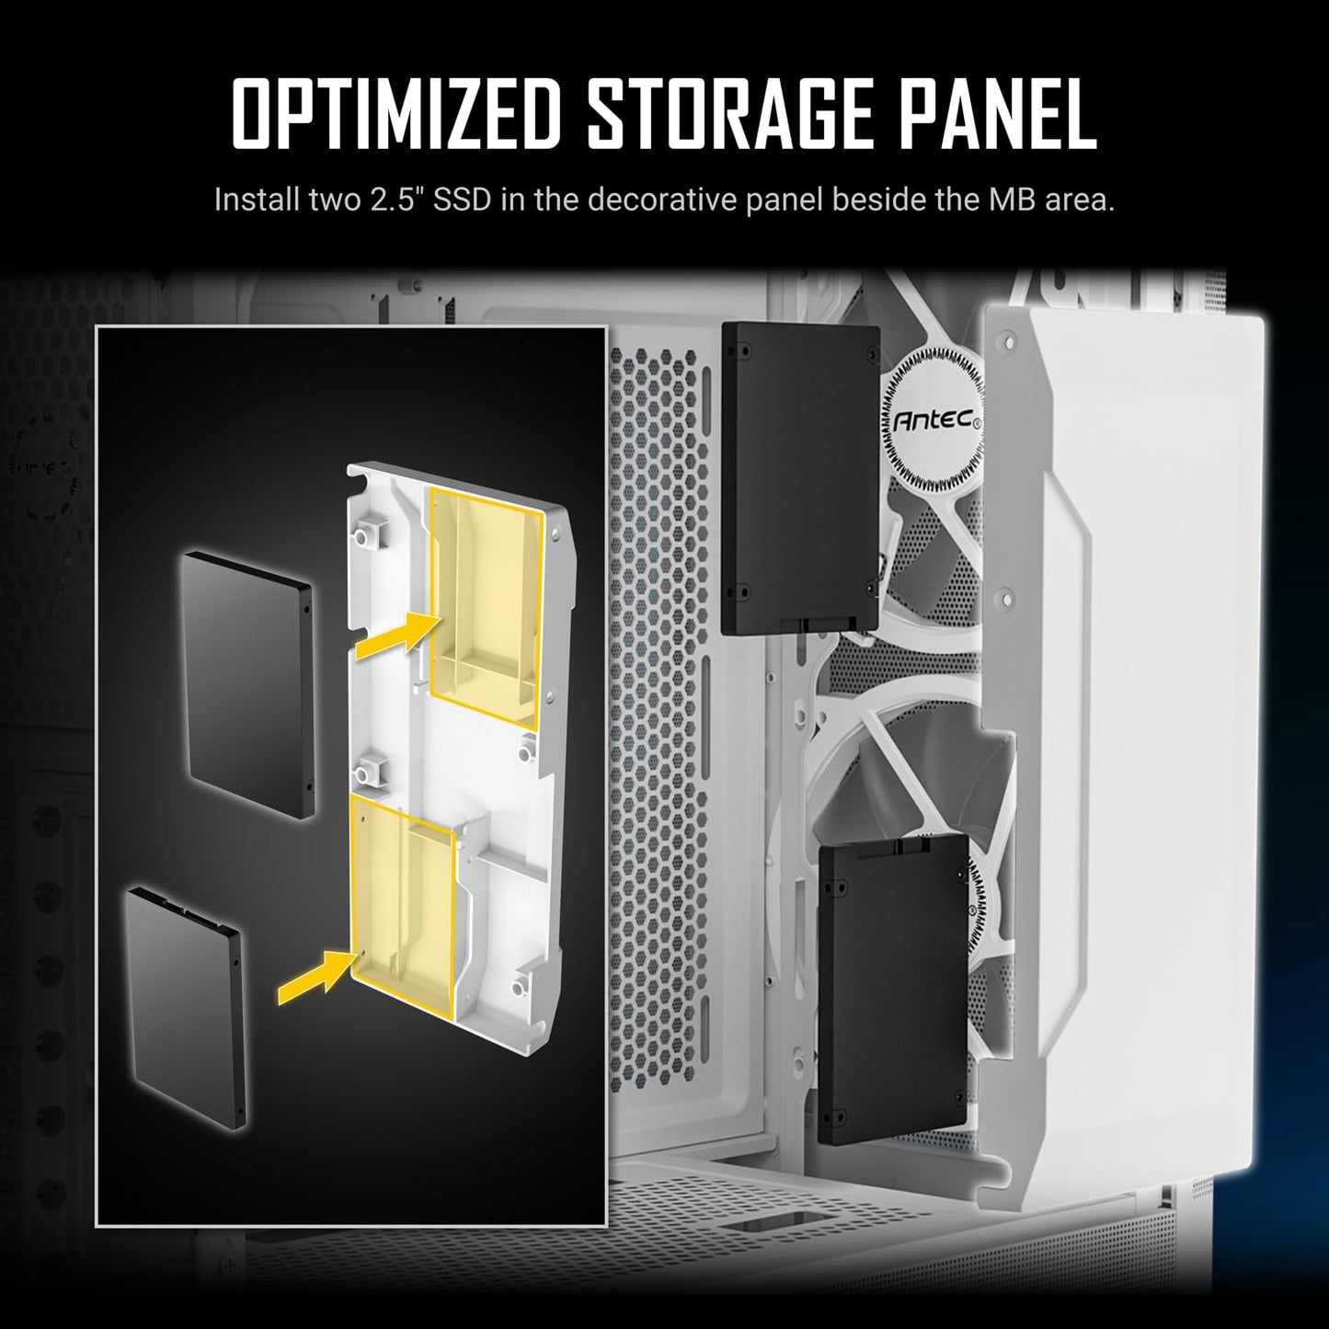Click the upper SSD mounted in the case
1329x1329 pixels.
point(801,479)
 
